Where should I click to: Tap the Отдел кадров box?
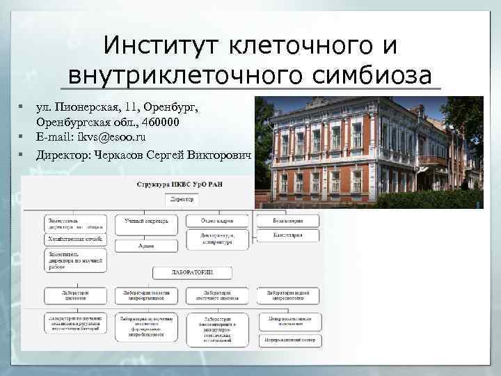coord(216,221)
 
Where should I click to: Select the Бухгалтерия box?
coord(289,221)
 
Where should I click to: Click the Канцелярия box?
coord(289,235)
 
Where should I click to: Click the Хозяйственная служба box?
coord(75,239)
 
